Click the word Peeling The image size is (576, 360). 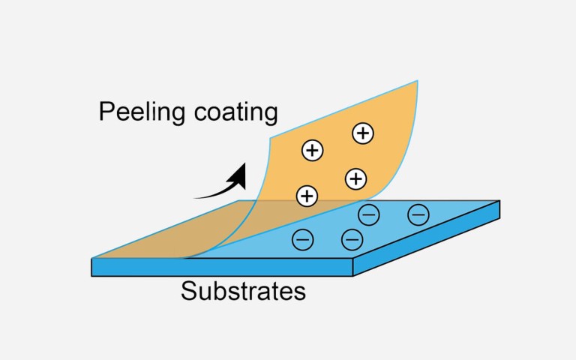tap(140, 112)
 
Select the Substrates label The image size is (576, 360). tap(243, 290)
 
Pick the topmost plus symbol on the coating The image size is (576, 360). tap(363, 133)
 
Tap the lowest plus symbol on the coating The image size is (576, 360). tap(307, 196)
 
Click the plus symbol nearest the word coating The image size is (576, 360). tap(312, 150)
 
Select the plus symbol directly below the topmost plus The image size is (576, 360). tap(355, 179)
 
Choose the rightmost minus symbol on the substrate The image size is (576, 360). tap(418, 215)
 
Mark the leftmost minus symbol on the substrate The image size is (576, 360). tap(303, 240)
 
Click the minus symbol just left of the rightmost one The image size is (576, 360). tap(369, 214)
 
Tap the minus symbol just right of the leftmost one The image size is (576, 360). tap(352, 240)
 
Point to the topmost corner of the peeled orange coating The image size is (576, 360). tap(415, 79)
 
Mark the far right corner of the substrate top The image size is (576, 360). tap(499, 201)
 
